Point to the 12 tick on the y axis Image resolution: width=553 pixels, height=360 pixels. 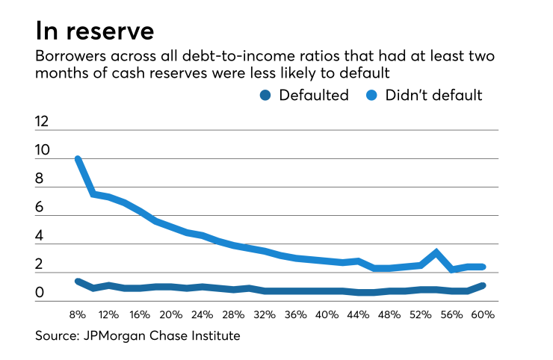(44, 122)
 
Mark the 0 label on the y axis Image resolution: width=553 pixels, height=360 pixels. (40, 294)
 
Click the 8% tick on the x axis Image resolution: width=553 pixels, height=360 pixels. (77, 314)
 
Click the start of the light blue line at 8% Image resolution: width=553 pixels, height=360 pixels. (78, 158)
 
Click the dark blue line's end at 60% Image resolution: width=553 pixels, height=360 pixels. (484, 285)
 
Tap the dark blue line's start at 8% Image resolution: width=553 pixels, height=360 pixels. (78, 281)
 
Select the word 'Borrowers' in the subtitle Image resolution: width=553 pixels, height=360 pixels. (67, 58)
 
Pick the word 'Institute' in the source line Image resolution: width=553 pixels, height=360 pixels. (214, 336)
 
